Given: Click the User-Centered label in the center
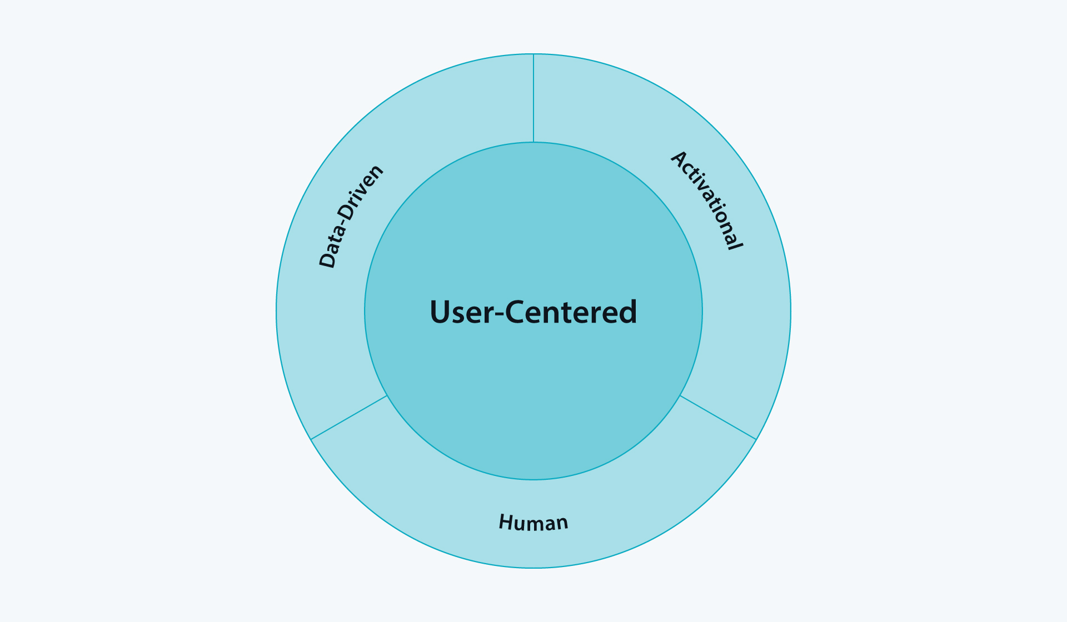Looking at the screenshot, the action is (533, 312).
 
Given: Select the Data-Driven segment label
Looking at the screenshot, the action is (351, 216).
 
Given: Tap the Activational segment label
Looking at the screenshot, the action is (707, 200).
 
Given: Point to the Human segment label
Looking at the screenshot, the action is (533, 523).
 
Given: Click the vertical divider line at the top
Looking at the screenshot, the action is (533, 98).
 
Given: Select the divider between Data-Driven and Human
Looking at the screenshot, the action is (349, 418).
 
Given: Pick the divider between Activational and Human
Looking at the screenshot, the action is (718, 418).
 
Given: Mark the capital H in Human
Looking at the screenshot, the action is (506, 521).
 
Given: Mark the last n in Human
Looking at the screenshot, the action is (562, 524).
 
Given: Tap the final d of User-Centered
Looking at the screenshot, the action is (628, 312).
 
